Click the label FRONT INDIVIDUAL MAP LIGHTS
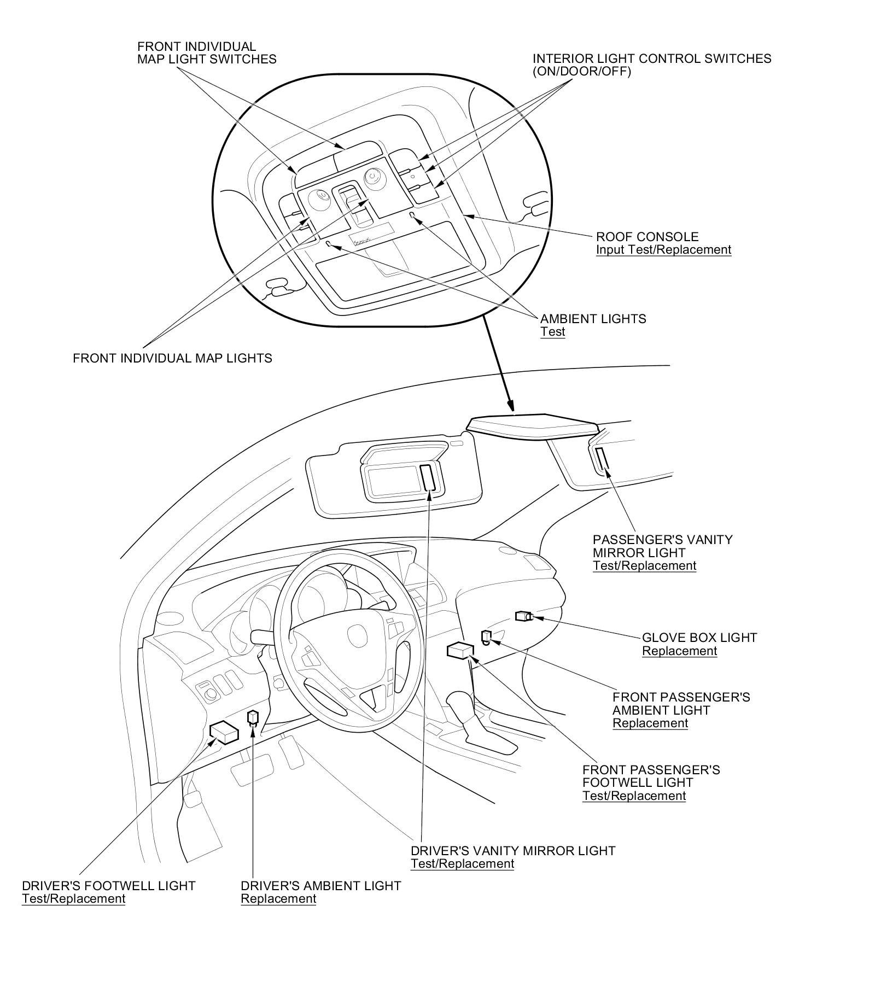point(172,358)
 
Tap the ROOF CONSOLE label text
point(647,237)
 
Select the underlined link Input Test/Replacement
point(663,250)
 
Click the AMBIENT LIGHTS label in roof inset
point(593,319)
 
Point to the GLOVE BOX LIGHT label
point(699,638)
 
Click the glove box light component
point(523,616)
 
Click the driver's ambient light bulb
point(253,717)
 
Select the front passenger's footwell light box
point(460,650)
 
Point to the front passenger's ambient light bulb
point(486,636)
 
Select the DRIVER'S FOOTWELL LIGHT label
point(108,886)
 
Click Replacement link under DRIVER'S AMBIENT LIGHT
point(278,899)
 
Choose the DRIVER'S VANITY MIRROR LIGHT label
point(513,851)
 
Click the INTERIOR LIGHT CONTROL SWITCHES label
point(652,59)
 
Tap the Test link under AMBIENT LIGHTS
point(552,332)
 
